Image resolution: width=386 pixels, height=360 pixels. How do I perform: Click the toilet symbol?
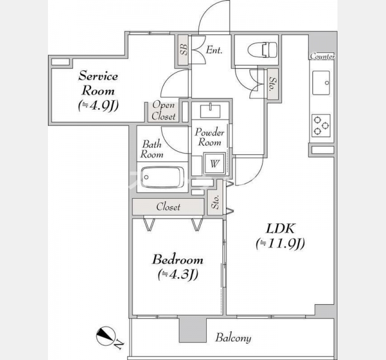pos(262,50)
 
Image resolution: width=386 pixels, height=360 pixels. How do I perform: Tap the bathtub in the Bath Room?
pos(162,178)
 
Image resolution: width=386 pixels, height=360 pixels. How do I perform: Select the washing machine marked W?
pos(214,163)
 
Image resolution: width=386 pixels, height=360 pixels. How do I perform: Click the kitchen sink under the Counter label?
pos(321,83)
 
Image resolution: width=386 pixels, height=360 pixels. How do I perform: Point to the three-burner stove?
pos(321,125)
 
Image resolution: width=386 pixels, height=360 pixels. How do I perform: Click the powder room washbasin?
pos(210,110)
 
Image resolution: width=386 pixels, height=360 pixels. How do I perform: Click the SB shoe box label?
pos(183,50)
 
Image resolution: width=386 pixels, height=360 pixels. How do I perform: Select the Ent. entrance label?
pos(214,50)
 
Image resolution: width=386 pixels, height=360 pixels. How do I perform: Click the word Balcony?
pos(233,338)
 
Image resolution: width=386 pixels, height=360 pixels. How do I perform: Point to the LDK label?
pos(280,229)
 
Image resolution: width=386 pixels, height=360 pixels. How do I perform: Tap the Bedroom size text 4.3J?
pos(178,275)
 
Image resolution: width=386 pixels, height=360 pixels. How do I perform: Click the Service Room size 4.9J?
pos(98,106)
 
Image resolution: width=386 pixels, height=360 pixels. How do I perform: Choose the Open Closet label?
pos(164,110)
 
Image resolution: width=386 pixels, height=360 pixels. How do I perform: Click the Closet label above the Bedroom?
pos(168,207)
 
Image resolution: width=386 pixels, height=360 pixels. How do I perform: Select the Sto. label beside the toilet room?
pos(273,84)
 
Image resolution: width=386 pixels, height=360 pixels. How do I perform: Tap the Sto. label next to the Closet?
pos(215,202)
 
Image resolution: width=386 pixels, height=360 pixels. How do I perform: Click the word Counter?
pos(322,56)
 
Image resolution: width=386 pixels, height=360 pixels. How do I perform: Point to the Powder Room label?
pos(210,137)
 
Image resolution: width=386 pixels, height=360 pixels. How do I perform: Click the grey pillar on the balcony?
pos(192,330)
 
